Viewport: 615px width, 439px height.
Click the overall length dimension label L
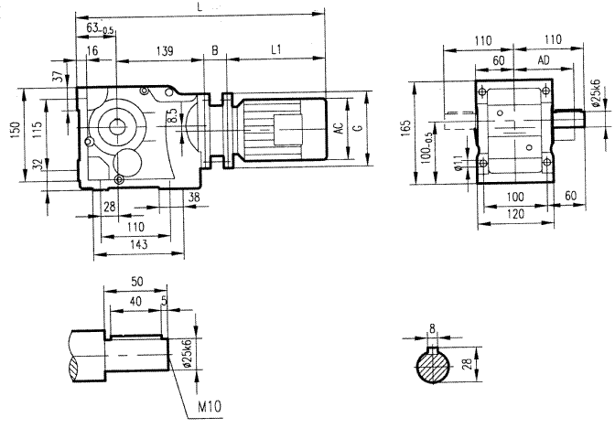(200, 7)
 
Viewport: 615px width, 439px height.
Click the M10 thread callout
(210, 404)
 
